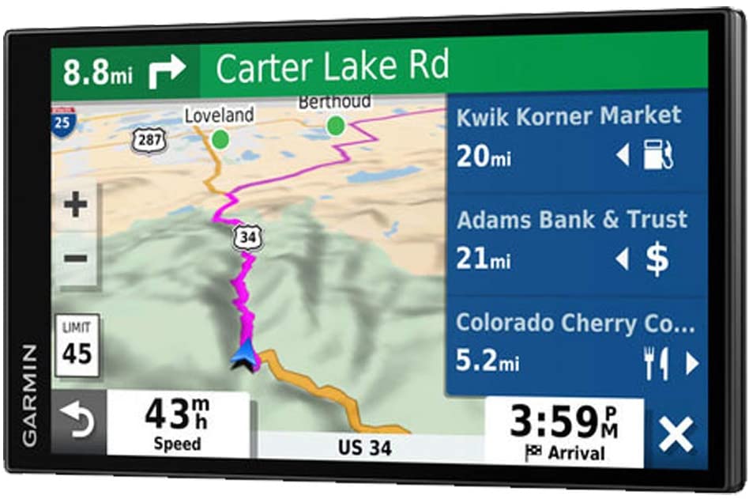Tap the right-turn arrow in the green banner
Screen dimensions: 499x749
[166, 70]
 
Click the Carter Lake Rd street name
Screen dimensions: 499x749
[332, 66]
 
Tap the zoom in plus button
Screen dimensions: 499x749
[76, 206]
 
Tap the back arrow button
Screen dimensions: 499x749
[78, 422]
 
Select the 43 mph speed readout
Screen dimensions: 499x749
[178, 422]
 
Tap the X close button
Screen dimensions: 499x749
[676, 435]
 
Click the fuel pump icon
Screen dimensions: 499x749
[657, 154]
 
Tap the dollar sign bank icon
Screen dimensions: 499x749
[657, 259]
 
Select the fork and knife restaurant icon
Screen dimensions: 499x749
[656, 363]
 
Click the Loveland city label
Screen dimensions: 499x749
[219, 115]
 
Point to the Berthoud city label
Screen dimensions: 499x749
[334, 102]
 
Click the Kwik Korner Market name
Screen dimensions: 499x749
[568, 115]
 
